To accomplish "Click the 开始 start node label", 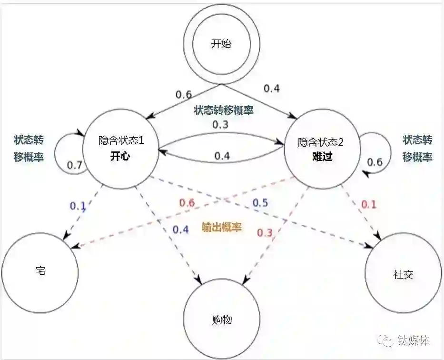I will pos(221,44).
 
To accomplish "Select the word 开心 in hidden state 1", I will pos(120,157).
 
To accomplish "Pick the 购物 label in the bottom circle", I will pos(221,320).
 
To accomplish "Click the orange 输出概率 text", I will pos(222,227).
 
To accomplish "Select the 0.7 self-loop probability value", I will pos(75,165).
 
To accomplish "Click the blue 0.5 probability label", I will pos(260,202).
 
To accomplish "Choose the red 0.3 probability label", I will pos(265,232).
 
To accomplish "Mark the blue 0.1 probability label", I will pos(78,206).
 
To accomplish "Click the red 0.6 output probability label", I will pos(187,202).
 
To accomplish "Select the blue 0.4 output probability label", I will pos(180,230).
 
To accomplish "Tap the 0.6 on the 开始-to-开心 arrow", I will pos(184,94).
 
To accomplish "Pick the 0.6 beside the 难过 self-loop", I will pos(375,162).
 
